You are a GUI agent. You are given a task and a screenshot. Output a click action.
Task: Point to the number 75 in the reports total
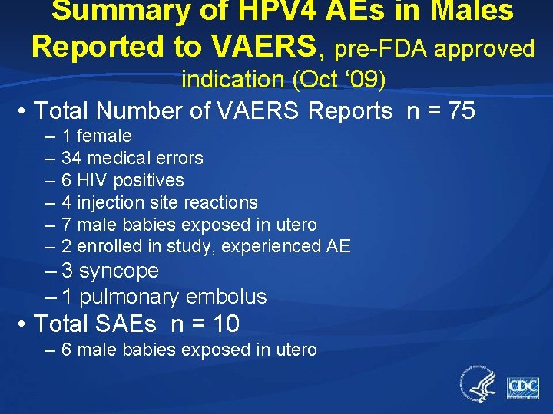[462, 111]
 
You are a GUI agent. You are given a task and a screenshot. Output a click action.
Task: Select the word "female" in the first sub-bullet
[105, 136]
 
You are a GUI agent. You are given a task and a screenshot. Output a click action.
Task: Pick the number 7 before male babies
[67, 225]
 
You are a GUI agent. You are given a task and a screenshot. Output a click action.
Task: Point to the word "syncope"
[119, 271]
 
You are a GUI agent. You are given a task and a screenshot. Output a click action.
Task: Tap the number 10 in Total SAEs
[227, 324]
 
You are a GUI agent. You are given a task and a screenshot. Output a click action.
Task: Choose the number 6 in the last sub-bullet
[67, 350]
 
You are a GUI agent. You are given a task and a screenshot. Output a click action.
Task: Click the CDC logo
[522, 387]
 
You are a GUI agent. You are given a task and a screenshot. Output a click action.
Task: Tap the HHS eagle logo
[478, 383]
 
